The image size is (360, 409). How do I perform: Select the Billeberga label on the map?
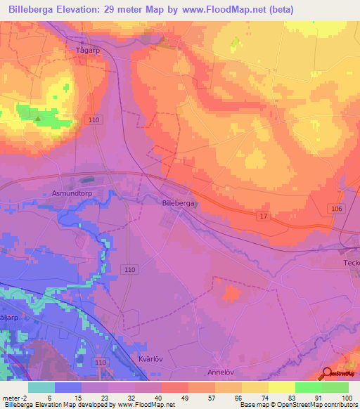(x=178, y=202)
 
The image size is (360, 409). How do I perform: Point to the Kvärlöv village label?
(x=147, y=358)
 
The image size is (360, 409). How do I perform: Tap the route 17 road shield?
(x=263, y=216)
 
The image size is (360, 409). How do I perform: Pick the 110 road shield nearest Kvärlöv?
(x=101, y=362)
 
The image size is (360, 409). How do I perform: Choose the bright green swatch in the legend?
(x=308, y=387)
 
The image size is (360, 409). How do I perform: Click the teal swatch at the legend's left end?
(x=41, y=387)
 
